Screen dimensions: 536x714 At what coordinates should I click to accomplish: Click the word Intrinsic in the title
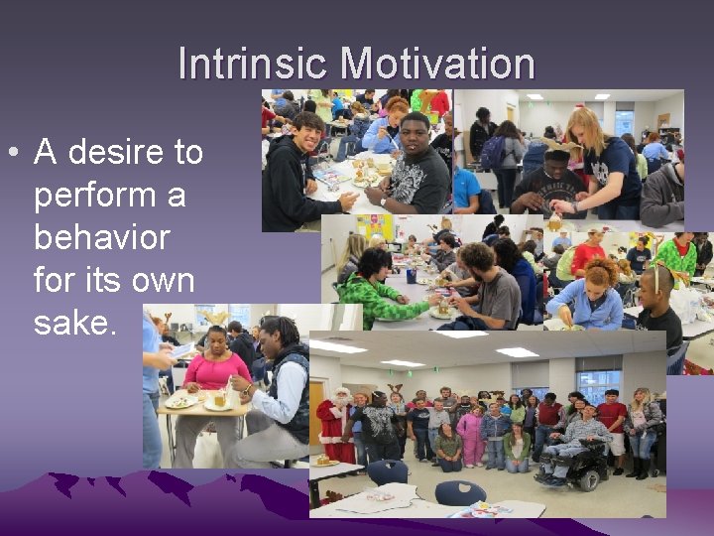pyautogui.click(x=254, y=65)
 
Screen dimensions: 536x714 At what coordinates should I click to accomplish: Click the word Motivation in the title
pyautogui.click(x=438, y=65)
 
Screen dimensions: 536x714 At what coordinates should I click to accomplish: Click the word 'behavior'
pyautogui.click(x=101, y=238)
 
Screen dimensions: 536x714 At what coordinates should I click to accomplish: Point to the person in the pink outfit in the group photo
pyautogui.click(x=470, y=434)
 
